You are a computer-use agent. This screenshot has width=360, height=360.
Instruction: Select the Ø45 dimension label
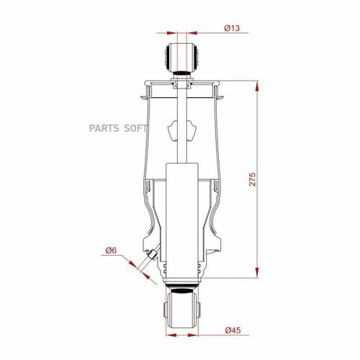(232, 330)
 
